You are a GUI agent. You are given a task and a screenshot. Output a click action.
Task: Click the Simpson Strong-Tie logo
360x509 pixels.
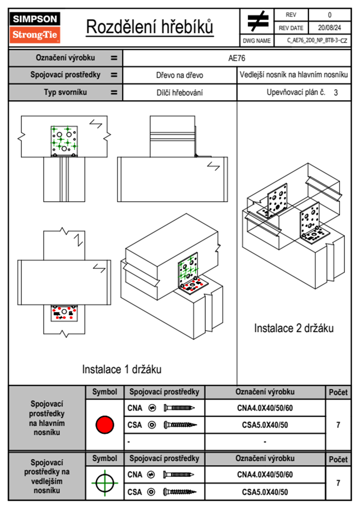tap(35, 28)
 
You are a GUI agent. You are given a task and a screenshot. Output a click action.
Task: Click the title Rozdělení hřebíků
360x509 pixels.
tap(150, 27)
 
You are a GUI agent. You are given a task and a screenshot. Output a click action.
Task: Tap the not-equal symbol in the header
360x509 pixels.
tap(257, 21)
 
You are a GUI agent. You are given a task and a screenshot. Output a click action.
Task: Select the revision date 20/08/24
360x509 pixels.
tap(329, 28)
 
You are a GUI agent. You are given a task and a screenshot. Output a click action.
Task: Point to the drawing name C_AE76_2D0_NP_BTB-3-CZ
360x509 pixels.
tap(317, 41)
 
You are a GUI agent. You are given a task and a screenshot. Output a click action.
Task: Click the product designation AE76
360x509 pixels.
tap(237, 58)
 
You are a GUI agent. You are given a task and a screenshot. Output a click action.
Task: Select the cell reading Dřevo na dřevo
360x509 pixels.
tap(179, 75)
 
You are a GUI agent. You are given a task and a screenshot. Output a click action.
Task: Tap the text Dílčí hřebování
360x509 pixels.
tap(179, 93)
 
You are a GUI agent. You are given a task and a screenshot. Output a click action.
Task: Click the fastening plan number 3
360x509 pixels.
tap(335, 93)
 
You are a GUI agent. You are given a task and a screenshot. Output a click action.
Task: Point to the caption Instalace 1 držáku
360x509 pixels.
tap(122, 369)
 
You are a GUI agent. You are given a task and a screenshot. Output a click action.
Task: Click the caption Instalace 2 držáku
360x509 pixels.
tap(293, 328)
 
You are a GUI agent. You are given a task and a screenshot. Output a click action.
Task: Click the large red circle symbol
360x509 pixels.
tap(105, 425)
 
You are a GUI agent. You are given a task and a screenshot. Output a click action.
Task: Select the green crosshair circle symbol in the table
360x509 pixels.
tap(105, 483)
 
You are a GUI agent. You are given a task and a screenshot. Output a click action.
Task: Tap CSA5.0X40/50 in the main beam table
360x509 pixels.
tap(265, 425)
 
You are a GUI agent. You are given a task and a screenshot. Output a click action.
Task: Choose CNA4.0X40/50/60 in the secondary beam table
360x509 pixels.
tap(265, 475)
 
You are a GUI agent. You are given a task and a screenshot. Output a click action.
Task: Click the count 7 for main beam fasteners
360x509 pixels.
tap(338, 425)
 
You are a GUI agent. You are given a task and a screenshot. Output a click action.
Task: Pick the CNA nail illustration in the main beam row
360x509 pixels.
tap(179, 408)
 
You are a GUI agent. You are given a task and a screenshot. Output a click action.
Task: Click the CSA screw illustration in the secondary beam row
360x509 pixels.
tap(179, 492)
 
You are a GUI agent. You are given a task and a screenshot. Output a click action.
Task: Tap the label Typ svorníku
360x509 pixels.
tap(65, 92)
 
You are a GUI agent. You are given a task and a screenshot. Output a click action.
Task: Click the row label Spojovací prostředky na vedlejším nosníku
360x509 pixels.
tap(47, 476)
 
